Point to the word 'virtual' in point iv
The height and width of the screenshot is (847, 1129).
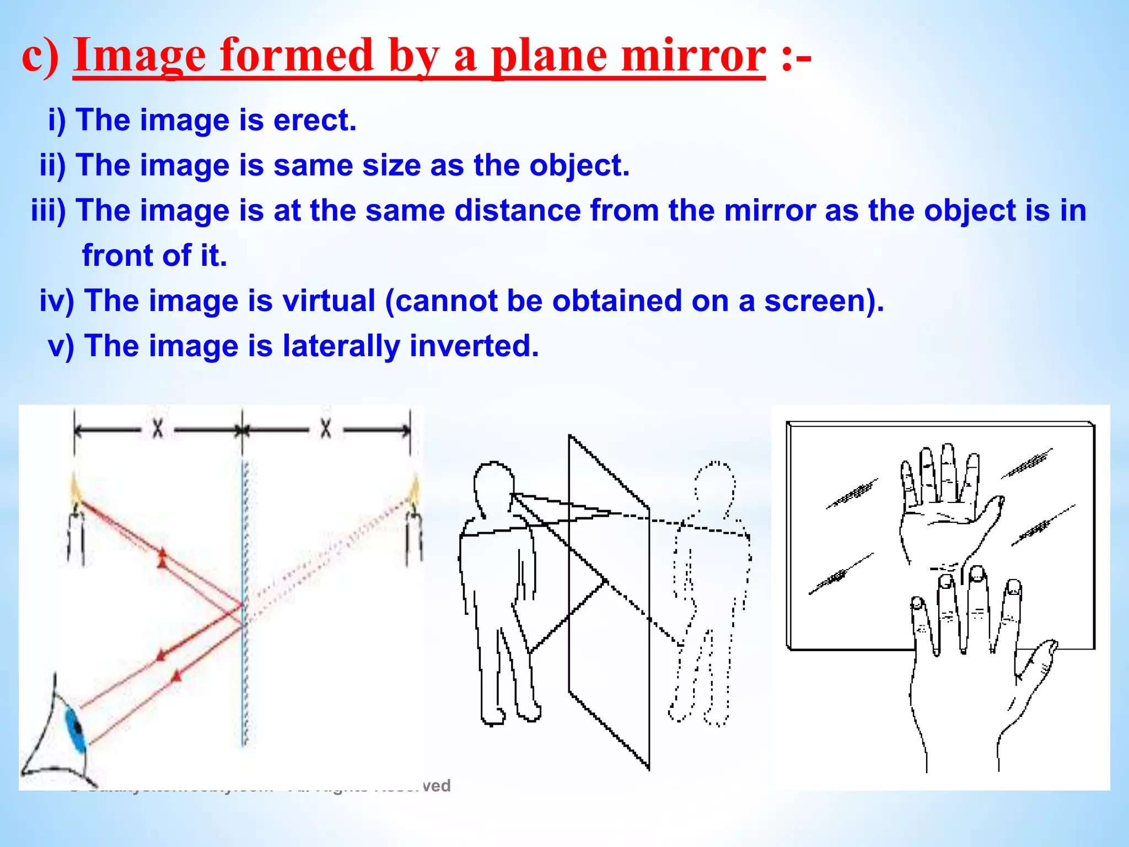point(329,301)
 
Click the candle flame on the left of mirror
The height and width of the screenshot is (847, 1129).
point(75,489)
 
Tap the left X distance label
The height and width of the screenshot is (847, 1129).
point(158,428)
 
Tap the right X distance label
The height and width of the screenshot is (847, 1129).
point(326,428)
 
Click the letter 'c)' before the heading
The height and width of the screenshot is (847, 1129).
point(40,56)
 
